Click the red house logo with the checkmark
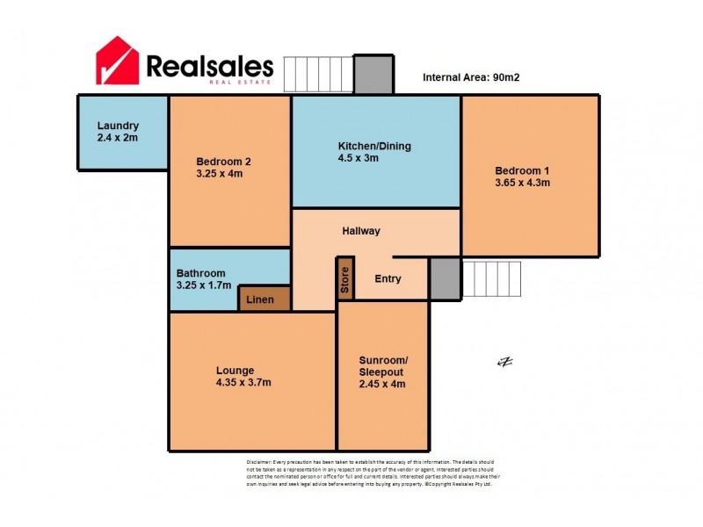[x=118, y=61]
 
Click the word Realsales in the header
[x=209, y=66]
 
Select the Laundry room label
[x=119, y=126]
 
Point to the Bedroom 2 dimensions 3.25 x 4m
[x=220, y=174]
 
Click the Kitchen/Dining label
[x=375, y=146]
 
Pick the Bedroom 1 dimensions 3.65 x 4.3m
[x=522, y=183]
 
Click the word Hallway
[x=361, y=231]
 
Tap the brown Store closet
[x=345, y=278]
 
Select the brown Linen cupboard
[x=265, y=300]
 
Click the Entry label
[x=388, y=279]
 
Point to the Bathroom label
[x=201, y=273]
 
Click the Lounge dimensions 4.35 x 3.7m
[x=243, y=382]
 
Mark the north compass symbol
[x=504, y=362]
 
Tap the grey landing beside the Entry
[x=445, y=278]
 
